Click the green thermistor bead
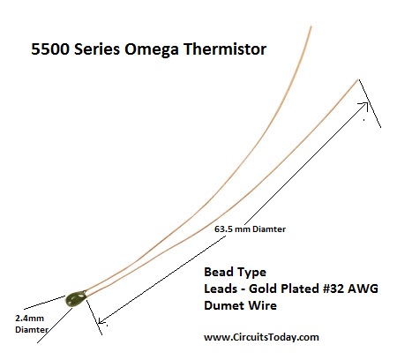76,299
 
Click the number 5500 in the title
50,49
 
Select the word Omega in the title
151,49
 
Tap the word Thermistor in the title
225,49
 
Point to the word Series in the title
97,49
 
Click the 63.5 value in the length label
224,229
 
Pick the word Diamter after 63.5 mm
269,229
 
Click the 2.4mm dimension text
29,319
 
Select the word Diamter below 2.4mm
32,329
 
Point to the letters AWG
363,289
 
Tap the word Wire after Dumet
263,305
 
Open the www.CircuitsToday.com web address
261,337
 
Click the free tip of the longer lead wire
311,26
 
